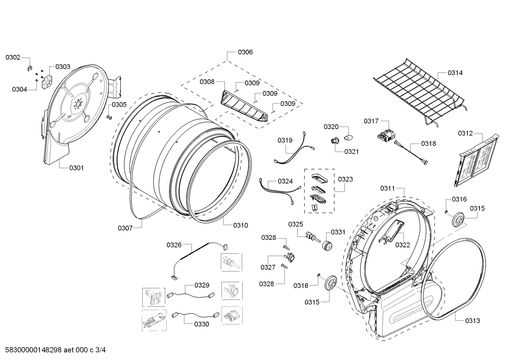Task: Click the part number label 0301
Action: (x=76, y=168)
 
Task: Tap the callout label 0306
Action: (x=245, y=52)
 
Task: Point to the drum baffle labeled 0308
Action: (x=244, y=106)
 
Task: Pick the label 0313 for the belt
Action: (x=472, y=321)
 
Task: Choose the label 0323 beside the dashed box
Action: (x=345, y=179)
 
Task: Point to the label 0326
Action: (x=174, y=245)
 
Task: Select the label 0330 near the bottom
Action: (x=201, y=324)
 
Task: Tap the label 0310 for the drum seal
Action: (x=240, y=225)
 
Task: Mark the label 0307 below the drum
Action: (x=125, y=228)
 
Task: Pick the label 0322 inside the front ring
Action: (x=402, y=245)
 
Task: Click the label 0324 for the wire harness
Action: (x=285, y=181)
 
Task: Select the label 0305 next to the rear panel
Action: (x=119, y=105)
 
